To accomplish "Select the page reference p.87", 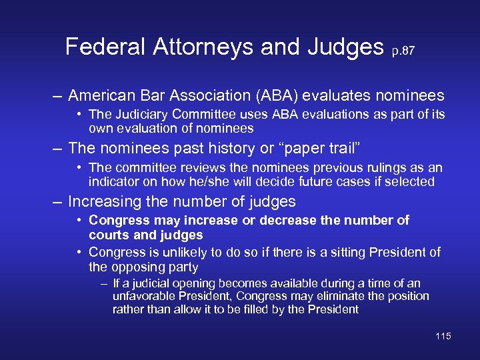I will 403,51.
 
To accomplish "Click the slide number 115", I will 443,336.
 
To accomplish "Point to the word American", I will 103,96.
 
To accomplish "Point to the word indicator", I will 111,181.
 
